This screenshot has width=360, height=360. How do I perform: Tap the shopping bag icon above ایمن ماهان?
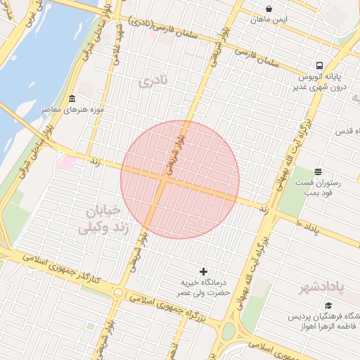click(x=269, y=8)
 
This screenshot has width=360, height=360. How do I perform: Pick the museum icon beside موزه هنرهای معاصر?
click(x=72, y=98)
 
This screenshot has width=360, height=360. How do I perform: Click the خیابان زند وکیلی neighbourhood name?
click(x=103, y=219)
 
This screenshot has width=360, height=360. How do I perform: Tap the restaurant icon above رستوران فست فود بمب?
click(x=318, y=171)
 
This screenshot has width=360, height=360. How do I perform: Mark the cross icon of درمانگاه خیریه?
click(x=204, y=271)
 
